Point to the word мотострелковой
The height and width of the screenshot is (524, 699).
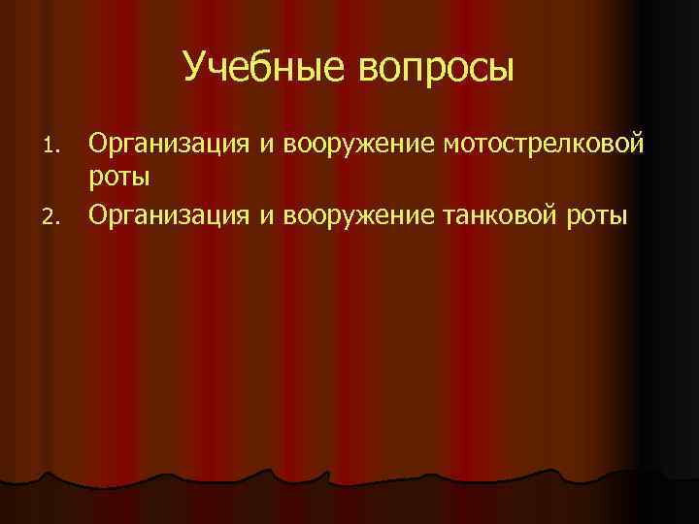click(x=542, y=147)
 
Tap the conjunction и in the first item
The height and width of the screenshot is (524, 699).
click(x=263, y=147)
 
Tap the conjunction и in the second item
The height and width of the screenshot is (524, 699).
click(x=263, y=214)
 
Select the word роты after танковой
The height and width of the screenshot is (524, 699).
click(x=596, y=216)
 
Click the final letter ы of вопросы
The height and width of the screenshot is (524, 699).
click(x=502, y=70)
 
